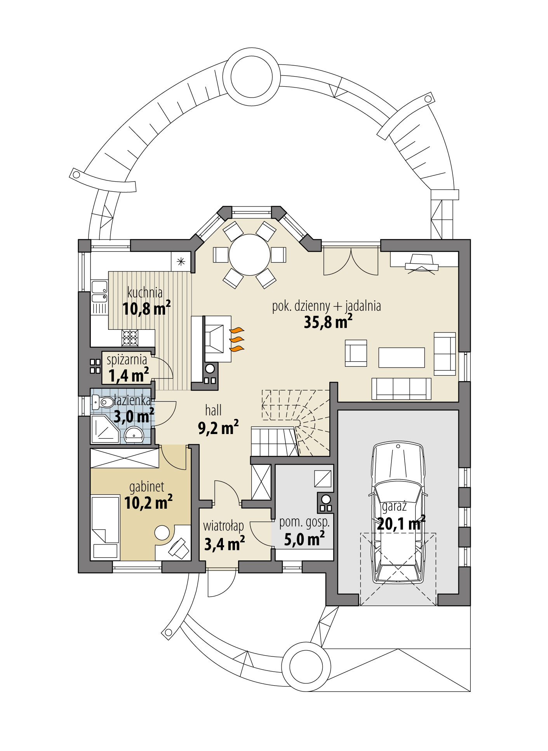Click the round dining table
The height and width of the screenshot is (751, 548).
[x=249, y=255]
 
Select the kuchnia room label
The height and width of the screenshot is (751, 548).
[x=145, y=292]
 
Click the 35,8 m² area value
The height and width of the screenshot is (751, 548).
[x=328, y=322]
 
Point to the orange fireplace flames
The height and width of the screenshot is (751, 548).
[x=237, y=340]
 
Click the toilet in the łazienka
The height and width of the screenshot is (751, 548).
[x=101, y=402]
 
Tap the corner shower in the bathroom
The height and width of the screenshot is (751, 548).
[x=104, y=429]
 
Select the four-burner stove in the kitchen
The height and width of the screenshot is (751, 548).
[x=130, y=338]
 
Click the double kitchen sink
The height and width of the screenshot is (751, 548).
[x=99, y=292]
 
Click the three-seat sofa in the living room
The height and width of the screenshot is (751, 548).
[x=401, y=389]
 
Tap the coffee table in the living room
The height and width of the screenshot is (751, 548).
[x=401, y=357]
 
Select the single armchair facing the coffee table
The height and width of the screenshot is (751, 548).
[x=356, y=353]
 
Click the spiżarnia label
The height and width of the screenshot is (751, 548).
[x=127, y=360]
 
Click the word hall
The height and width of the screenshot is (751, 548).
[x=213, y=410]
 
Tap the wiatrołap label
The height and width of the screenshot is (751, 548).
[x=223, y=526]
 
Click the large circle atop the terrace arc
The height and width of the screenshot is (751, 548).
[x=252, y=76]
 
